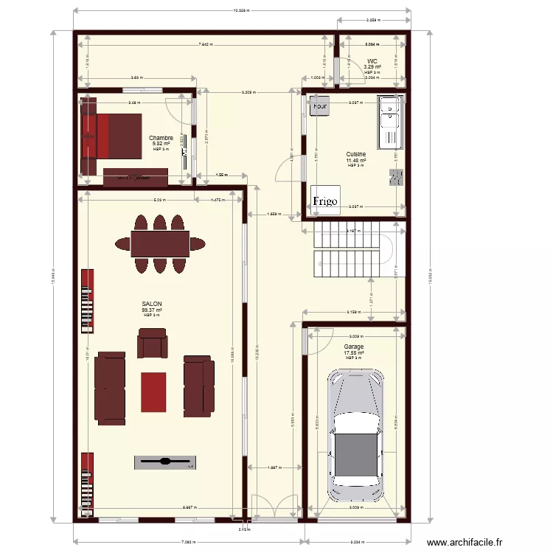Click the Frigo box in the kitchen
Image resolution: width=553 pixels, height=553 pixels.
324,200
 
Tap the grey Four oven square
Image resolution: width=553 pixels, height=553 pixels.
320,106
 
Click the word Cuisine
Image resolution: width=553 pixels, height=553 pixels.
356,155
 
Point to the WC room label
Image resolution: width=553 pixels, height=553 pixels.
372,61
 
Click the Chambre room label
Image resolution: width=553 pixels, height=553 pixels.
161,138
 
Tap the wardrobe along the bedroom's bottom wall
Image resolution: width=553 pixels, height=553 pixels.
136,177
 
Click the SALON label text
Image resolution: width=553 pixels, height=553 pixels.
152,304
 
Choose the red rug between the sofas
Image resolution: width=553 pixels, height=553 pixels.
153,392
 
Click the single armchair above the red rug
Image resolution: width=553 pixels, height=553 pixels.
153,344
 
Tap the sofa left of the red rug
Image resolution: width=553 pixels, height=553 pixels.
110,386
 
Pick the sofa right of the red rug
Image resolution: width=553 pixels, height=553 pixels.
198,386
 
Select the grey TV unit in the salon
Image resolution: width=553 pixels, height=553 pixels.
165,462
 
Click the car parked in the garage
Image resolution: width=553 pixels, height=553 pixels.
356,434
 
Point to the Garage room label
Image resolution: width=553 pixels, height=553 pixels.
353,347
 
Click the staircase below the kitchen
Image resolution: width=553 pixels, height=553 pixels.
347,251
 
